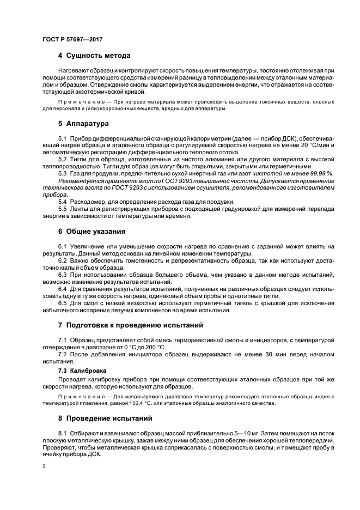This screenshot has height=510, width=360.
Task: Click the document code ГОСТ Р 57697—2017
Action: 72,40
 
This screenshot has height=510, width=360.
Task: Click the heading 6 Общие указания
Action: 95,230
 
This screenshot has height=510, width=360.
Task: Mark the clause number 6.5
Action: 63,302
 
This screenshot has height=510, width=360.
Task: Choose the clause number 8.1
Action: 63,433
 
